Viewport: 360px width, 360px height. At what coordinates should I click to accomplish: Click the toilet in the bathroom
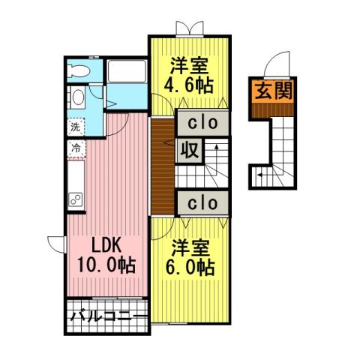pyautogui.click(x=78, y=70)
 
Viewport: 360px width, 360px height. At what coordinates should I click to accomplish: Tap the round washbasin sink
pyautogui.click(x=76, y=97)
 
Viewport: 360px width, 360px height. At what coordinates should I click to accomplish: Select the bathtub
pyautogui.click(x=127, y=72)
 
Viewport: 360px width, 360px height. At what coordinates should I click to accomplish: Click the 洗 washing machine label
pyautogui.click(x=75, y=127)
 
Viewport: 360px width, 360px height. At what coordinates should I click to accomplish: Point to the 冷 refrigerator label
pyautogui.click(x=75, y=148)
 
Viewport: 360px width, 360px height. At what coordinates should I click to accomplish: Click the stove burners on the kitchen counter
pyautogui.click(x=76, y=199)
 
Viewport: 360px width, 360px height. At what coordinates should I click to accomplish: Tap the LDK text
pyautogui.click(x=106, y=246)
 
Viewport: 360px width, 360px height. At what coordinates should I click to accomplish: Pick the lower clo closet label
pyautogui.click(x=202, y=202)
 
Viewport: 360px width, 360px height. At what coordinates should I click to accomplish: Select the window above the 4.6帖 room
pyautogui.click(x=187, y=31)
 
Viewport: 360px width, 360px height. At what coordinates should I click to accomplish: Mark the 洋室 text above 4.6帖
pyautogui.click(x=187, y=64)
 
